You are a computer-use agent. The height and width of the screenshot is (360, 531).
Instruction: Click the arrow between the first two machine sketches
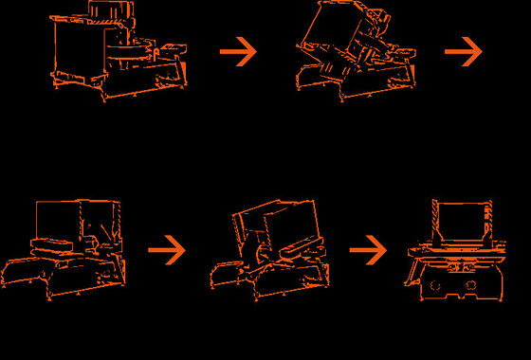[x=239, y=52]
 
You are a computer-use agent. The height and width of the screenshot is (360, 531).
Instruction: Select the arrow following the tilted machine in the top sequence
[x=464, y=52]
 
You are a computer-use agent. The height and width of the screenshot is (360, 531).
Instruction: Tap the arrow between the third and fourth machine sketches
[x=167, y=251]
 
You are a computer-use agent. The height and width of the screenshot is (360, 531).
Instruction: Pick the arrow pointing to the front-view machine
[x=368, y=250]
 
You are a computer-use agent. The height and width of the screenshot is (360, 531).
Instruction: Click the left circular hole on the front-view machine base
[x=435, y=284]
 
